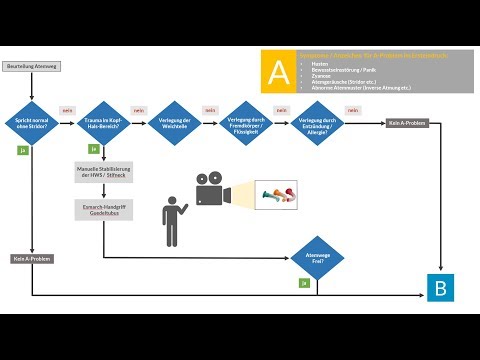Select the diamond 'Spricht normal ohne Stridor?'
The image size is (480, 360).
click(x=33, y=124)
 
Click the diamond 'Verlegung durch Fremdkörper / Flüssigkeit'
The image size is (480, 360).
click(x=246, y=124)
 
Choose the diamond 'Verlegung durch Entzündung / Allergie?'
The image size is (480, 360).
click(x=318, y=124)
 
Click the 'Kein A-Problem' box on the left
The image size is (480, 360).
click(x=33, y=259)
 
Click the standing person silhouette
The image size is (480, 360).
click(x=172, y=219)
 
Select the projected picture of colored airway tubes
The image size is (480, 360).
click(x=276, y=192)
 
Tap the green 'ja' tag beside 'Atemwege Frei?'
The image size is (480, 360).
click(x=304, y=283)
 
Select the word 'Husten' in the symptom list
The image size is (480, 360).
click(x=320, y=60)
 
